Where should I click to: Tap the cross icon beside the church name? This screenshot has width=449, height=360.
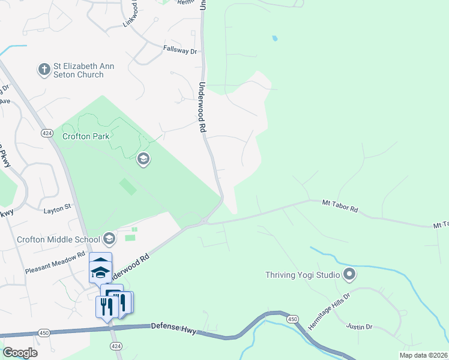click(44, 70)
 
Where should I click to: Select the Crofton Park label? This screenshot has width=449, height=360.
click(86, 136)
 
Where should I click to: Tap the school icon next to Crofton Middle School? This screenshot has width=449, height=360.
click(109, 239)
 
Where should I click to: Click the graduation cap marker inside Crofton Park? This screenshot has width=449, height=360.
click(143, 159)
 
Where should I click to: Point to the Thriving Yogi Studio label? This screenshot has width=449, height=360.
click(303, 275)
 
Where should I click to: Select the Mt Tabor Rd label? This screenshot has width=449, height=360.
click(340, 207)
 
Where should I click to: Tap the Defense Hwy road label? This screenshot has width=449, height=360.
click(174, 326)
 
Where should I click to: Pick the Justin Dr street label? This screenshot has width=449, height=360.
click(360, 327)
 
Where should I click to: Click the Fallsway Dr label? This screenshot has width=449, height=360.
click(179, 51)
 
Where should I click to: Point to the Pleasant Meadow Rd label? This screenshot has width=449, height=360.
click(55, 263)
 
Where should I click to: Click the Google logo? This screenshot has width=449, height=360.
click(20, 352)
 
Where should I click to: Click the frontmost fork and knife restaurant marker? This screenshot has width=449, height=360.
click(104, 306)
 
